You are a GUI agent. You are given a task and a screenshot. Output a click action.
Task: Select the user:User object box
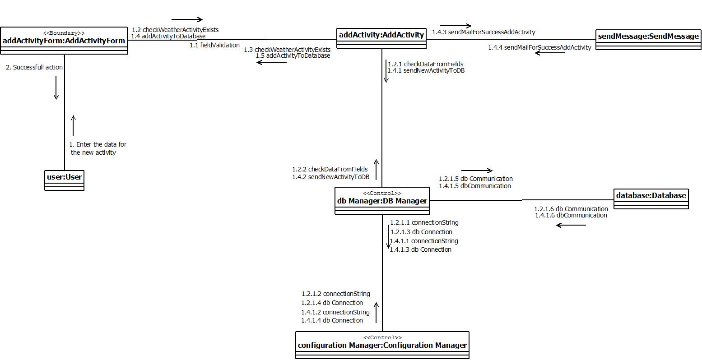tap(64, 180)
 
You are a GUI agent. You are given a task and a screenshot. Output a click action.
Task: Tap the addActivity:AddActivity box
tap(381, 38)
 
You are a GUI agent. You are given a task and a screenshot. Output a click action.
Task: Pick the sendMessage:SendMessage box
tap(648, 40)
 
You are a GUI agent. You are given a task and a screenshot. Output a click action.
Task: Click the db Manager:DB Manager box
tap(382, 201)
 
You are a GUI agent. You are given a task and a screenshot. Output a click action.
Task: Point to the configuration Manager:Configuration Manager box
tap(382, 345)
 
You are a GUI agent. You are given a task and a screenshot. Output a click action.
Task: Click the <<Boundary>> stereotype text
tap(64, 33)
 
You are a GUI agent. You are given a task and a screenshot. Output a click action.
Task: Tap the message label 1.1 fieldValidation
tap(214, 45)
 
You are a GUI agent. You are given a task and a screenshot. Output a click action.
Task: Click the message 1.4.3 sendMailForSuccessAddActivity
tap(483, 32)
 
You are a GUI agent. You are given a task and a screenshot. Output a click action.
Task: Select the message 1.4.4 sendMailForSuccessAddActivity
tap(539, 47)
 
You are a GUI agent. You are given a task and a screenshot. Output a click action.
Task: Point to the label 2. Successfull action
tap(34, 67)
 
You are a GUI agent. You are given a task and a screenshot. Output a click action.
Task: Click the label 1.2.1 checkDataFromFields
tap(425, 64)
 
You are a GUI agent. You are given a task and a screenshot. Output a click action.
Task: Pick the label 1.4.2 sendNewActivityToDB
tap(330, 177)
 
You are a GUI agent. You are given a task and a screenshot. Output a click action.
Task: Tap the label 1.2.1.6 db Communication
tap(571, 209)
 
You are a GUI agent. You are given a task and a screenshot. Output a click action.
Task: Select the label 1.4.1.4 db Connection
tap(332, 320)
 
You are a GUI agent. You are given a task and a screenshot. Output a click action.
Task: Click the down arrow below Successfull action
tap(56, 88)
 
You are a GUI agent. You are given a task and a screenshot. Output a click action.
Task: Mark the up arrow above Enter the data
tap(73, 126)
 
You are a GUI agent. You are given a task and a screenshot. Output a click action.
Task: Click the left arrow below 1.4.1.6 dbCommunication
tap(571, 225)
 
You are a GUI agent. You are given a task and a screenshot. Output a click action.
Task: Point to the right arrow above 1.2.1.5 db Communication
tap(483, 171)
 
